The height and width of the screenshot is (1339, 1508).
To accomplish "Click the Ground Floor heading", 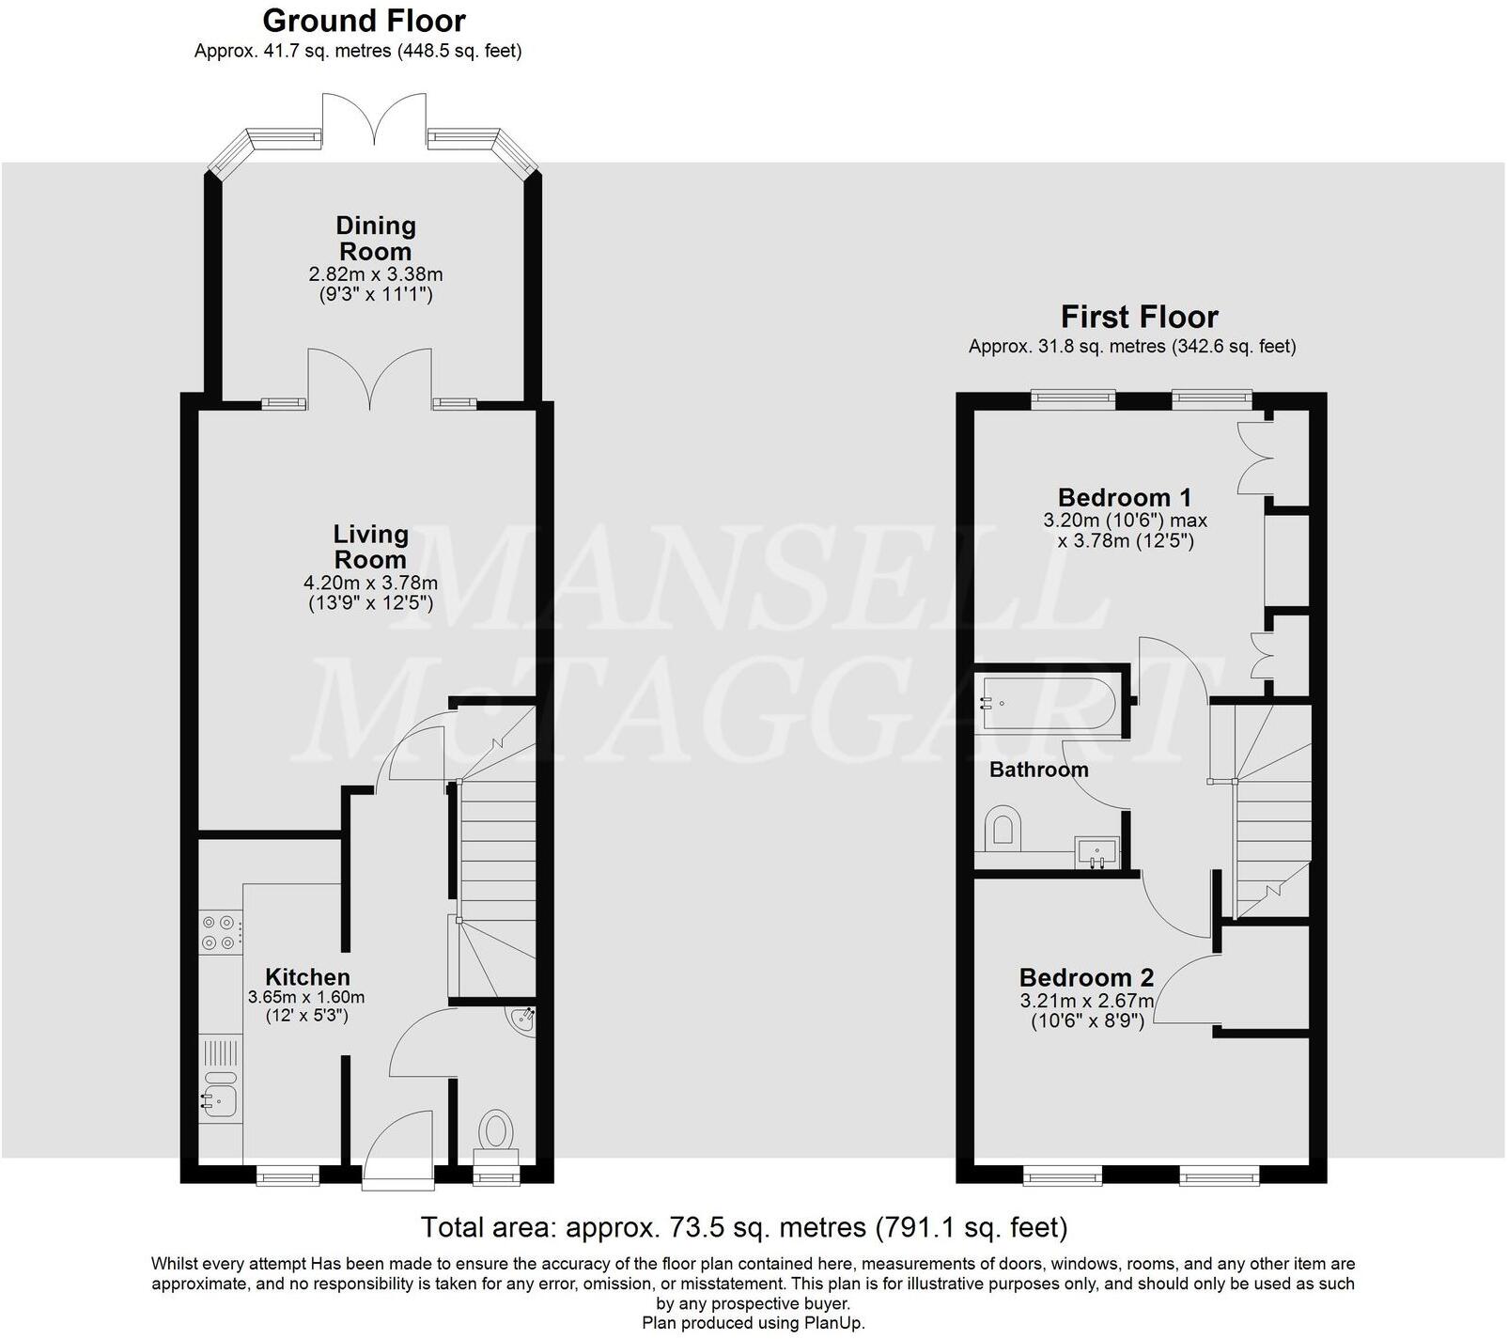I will (x=364, y=21).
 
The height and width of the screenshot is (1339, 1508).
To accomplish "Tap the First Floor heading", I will (x=1139, y=317).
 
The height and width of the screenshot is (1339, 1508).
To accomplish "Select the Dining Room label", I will (x=375, y=239).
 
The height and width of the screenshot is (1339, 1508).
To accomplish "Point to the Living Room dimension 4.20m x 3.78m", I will (x=371, y=583).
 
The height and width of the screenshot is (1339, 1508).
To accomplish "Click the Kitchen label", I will (x=307, y=977).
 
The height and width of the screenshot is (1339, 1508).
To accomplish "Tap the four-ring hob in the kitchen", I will (x=220, y=932).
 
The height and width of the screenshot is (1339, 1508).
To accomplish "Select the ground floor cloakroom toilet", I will (x=496, y=1131).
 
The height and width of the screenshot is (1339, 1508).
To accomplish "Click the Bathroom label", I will (x=1038, y=770).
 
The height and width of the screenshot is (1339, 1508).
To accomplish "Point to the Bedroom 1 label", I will (x=1125, y=497).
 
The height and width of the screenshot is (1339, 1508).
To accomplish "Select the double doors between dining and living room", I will (x=371, y=381).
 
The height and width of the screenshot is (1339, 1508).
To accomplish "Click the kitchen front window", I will (x=288, y=1174).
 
